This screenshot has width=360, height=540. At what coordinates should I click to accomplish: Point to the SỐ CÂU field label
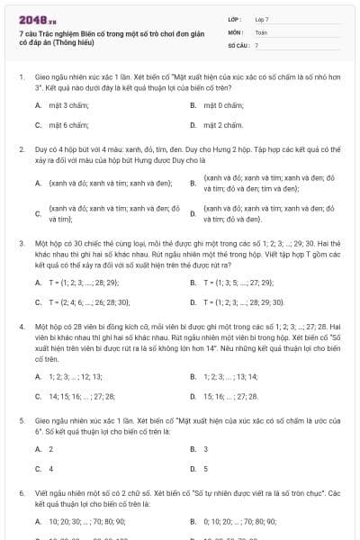click(238, 44)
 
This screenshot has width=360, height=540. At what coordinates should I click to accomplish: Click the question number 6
click(21, 493)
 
